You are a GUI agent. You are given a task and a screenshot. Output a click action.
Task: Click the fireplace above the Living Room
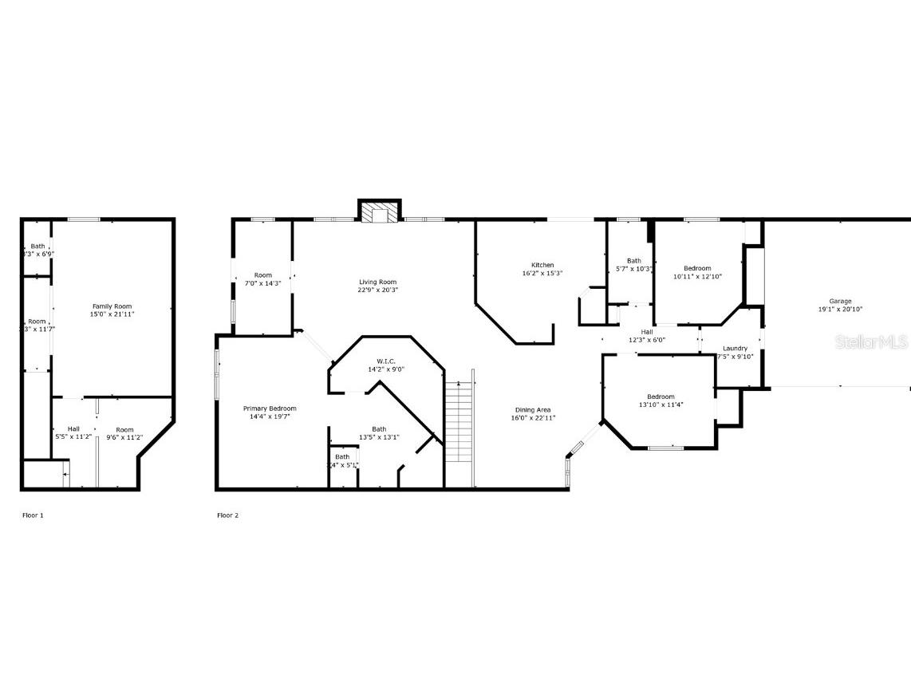pyautogui.click(x=379, y=211)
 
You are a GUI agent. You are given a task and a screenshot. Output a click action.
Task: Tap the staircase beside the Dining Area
pyautogui.click(x=459, y=422)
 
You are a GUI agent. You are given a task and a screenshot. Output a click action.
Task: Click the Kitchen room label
pyautogui.click(x=542, y=266)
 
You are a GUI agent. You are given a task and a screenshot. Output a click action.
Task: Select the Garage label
pyautogui.click(x=840, y=301)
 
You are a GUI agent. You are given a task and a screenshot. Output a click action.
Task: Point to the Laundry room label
pyautogui.click(x=735, y=349)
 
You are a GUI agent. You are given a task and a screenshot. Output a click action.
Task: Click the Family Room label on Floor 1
pyautogui.click(x=112, y=306)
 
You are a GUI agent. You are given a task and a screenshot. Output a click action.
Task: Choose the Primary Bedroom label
pyautogui.click(x=270, y=409)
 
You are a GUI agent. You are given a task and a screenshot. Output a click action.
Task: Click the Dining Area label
pyautogui.click(x=533, y=410)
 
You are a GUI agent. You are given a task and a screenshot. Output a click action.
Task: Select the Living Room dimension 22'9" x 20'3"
pyautogui.click(x=377, y=290)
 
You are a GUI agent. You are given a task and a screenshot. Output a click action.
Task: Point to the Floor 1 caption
pyautogui.click(x=33, y=515)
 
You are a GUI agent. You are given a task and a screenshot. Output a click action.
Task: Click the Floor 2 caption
pyautogui.click(x=228, y=515)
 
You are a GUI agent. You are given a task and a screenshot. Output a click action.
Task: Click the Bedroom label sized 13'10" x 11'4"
pyautogui.click(x=661, y=397)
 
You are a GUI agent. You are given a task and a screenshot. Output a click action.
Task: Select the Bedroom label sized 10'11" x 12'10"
pyautogui.click(x=697, y=268)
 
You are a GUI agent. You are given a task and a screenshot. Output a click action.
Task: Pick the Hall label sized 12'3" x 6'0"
pyautogui.click(x=647, y=332)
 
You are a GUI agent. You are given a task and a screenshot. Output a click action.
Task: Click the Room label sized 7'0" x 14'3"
pyautogui.click(x=263, y=275)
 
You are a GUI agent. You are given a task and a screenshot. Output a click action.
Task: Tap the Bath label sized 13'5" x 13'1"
pyautogui.click(x=379, y=429)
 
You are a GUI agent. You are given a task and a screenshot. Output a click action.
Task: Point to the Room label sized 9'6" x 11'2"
pyautogui.click(x=124, y=429)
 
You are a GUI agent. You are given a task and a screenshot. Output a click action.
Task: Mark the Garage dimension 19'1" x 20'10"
pyautogui.click(x=840, y=310)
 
